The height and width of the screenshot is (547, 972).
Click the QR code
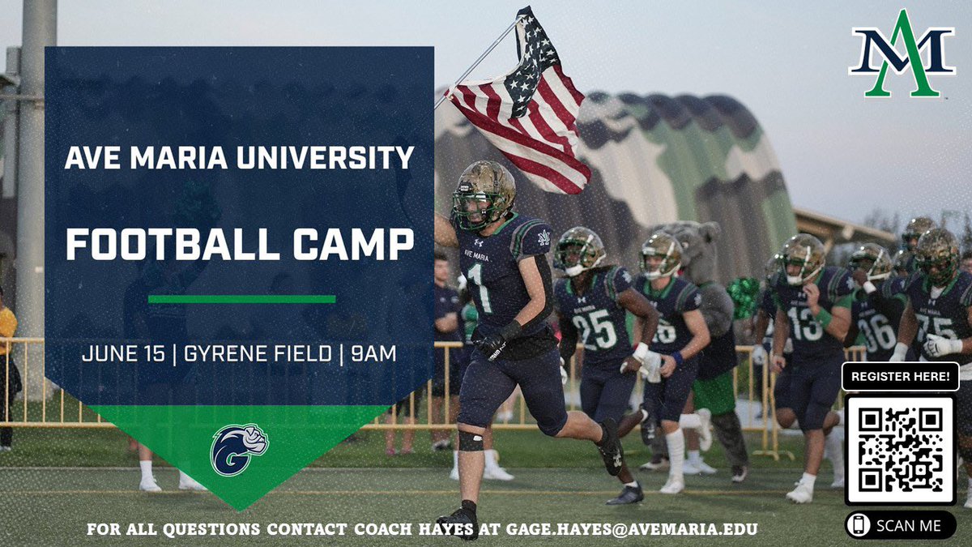[x=900, y=450]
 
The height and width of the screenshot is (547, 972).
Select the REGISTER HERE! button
[x=901, y=377]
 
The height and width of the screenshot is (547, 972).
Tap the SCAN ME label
[x=908, y=526]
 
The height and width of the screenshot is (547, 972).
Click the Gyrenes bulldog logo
[x=239, y=449]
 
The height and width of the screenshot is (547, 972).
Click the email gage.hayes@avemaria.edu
[x=633, y=530]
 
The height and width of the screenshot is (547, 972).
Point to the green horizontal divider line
[x=241, y=299]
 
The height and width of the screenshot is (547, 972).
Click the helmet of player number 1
[x=484, y=193]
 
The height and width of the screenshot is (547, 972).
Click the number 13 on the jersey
[x=804, y=323]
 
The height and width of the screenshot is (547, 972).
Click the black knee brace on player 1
[x=470, y=440]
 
